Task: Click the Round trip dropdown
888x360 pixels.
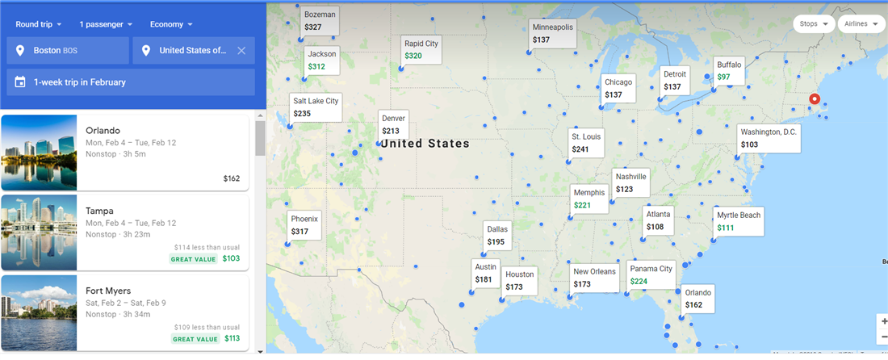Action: tap(38, 24)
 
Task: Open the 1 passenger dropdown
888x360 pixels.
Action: tap(106, 24)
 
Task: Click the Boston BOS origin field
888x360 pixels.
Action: tap(68, 50)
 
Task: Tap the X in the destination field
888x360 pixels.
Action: tap(241, 50)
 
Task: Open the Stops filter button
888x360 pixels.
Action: tap(813, 24)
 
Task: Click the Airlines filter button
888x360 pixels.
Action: tap(861, 24)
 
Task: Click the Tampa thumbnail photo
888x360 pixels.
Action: tap(40, 232)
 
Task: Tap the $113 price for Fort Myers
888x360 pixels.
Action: tap(232, 339)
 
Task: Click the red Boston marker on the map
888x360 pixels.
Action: tap(815, 99)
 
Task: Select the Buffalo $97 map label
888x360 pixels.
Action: tap(729, 70)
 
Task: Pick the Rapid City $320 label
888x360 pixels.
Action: tap(421, 50)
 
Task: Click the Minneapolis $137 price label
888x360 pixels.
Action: tap(552, 33)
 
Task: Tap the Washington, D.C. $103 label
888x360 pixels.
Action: tap(769, 138)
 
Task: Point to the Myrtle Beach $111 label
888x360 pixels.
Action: tap(739, 221)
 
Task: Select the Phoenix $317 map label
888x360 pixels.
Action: tap(305, 224)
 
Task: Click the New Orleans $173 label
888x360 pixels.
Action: tap(594, 278)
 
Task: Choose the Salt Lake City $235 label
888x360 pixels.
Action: tap(316, 107)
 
